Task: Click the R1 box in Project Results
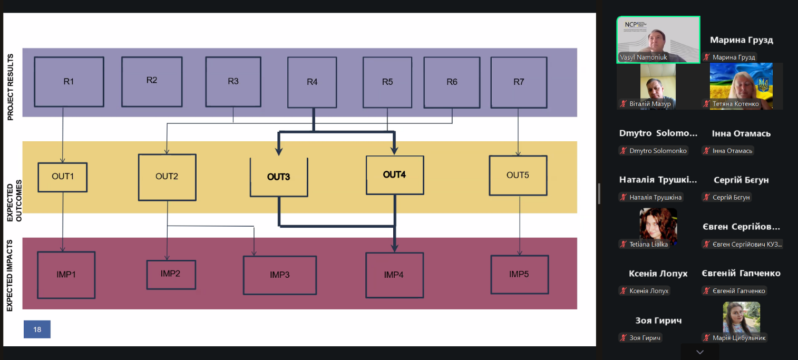[69, 82]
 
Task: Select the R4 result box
[312, 82]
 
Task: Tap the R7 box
[519, 82]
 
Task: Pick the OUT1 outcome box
[63, 177]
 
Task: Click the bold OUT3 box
[278, 177]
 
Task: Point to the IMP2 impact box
[171, 274]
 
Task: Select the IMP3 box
[280, 275]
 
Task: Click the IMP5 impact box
[519, 274]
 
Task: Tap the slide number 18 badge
[37, 329]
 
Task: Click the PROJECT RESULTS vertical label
[11, 86]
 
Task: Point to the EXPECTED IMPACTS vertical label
[11, 275]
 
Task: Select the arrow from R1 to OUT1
[63, 135]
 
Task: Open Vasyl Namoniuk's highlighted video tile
[658, 40]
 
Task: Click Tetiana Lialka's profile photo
[658, 223]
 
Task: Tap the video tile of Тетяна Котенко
[741, 86]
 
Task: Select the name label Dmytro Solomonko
[658, 151]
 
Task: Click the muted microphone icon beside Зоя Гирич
[623, 338]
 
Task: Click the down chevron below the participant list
[699, 352]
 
